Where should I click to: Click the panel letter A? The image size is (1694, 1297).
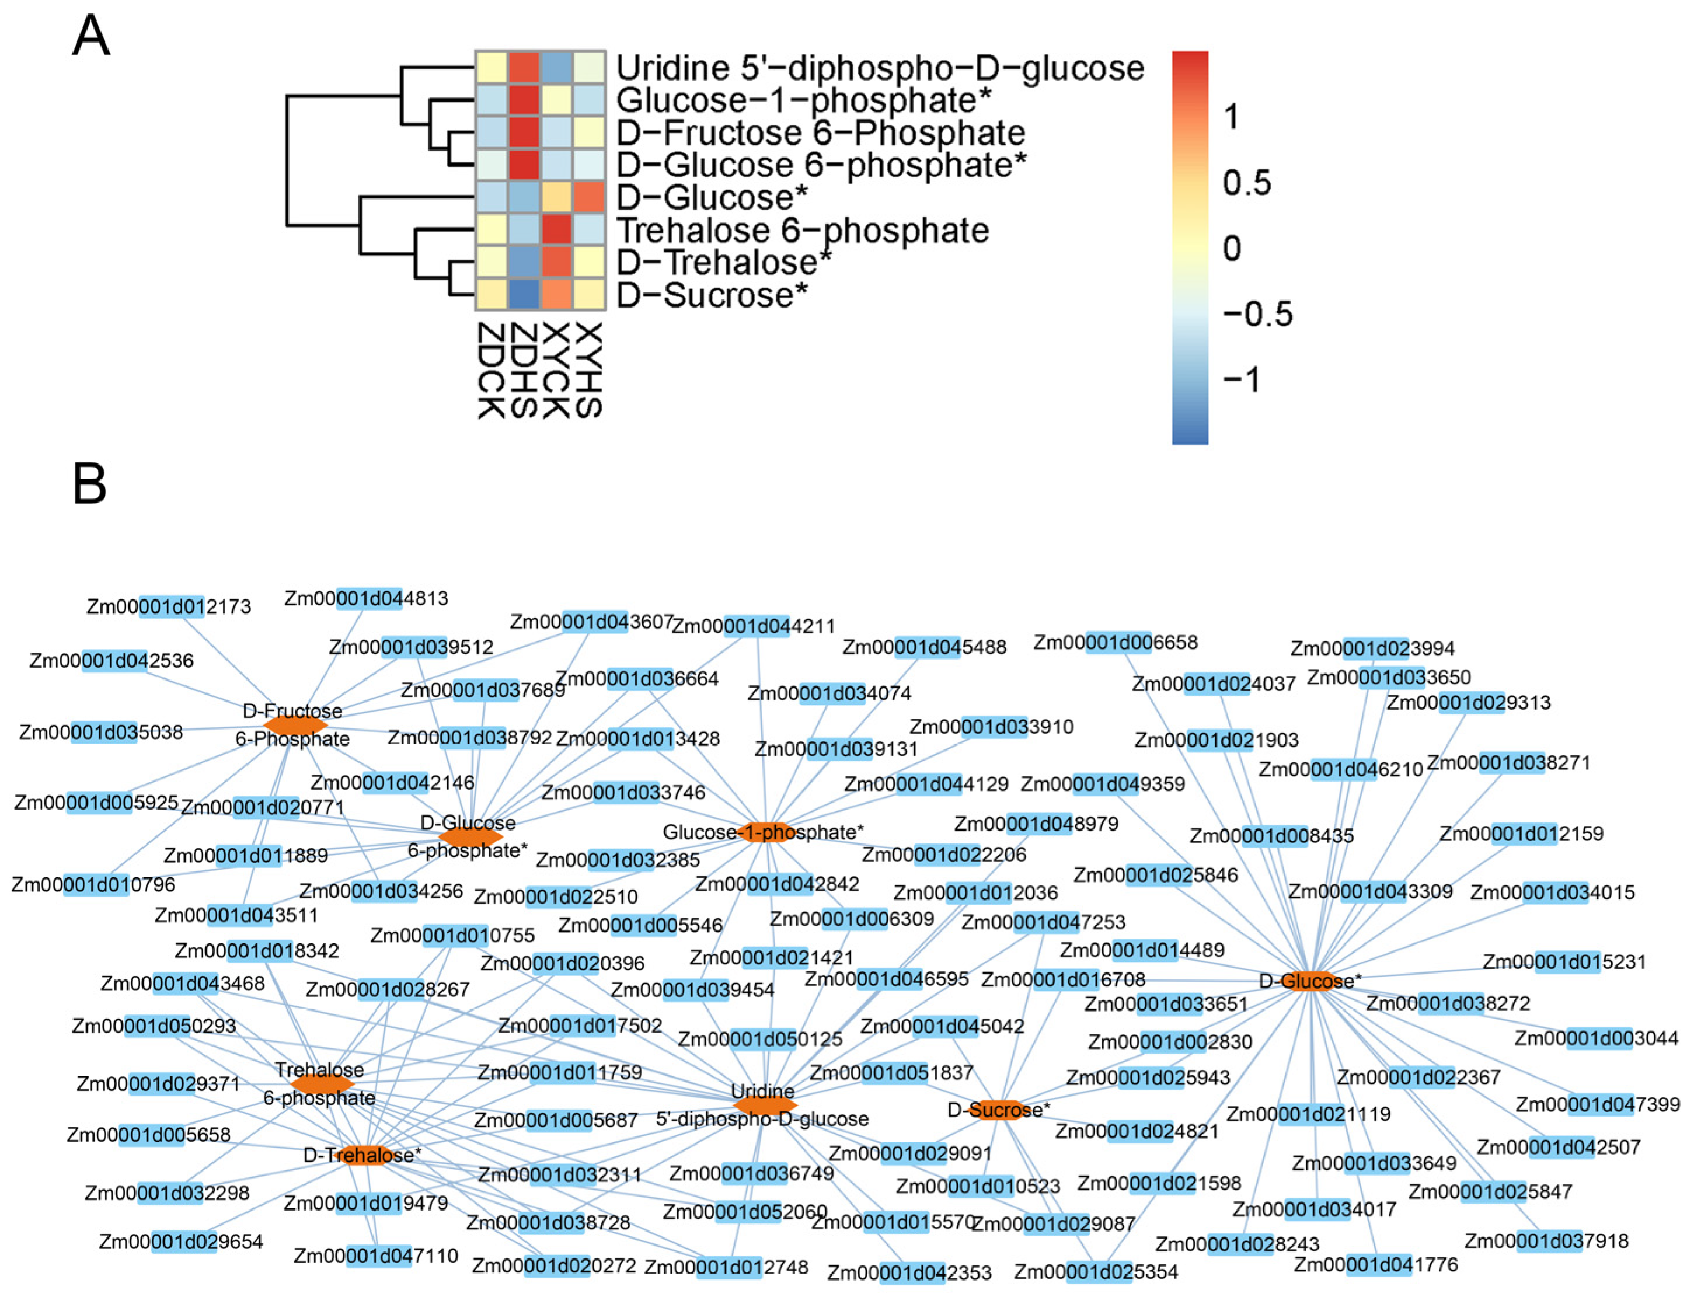[90, 36]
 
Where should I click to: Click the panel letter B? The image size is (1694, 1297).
[89, 484]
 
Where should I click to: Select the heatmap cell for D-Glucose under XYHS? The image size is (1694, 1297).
[589, 198]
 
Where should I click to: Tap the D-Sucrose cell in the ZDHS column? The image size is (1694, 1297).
[524, 294]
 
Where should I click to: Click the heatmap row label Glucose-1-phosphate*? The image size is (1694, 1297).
[803, 100]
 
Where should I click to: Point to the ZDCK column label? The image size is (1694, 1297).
[491, 371]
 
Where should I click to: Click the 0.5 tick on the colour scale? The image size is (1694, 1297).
[1246, 183]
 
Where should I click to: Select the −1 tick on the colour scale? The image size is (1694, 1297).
[1242, 380]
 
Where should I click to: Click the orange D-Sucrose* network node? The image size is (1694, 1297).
[998, 1110]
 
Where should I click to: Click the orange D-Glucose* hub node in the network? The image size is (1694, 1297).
[1307, 981]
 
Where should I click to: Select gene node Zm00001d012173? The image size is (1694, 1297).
[169, 607]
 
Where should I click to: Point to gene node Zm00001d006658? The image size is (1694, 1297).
[1116, 642]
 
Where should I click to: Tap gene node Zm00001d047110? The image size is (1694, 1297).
[376, 1256]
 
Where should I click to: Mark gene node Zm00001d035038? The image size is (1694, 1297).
[101, 732]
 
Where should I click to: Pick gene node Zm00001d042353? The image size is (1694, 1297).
[909, 1273]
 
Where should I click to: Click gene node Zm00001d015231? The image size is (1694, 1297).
[1564, 962]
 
